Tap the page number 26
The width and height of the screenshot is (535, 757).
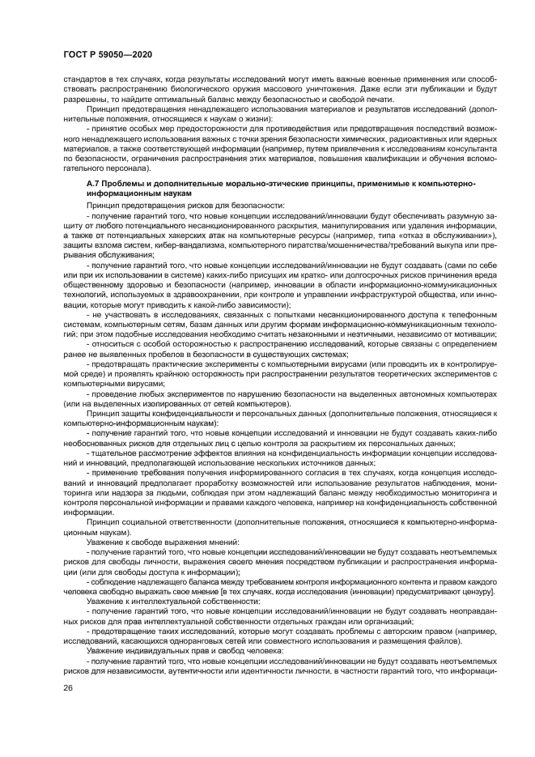point(67,689)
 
